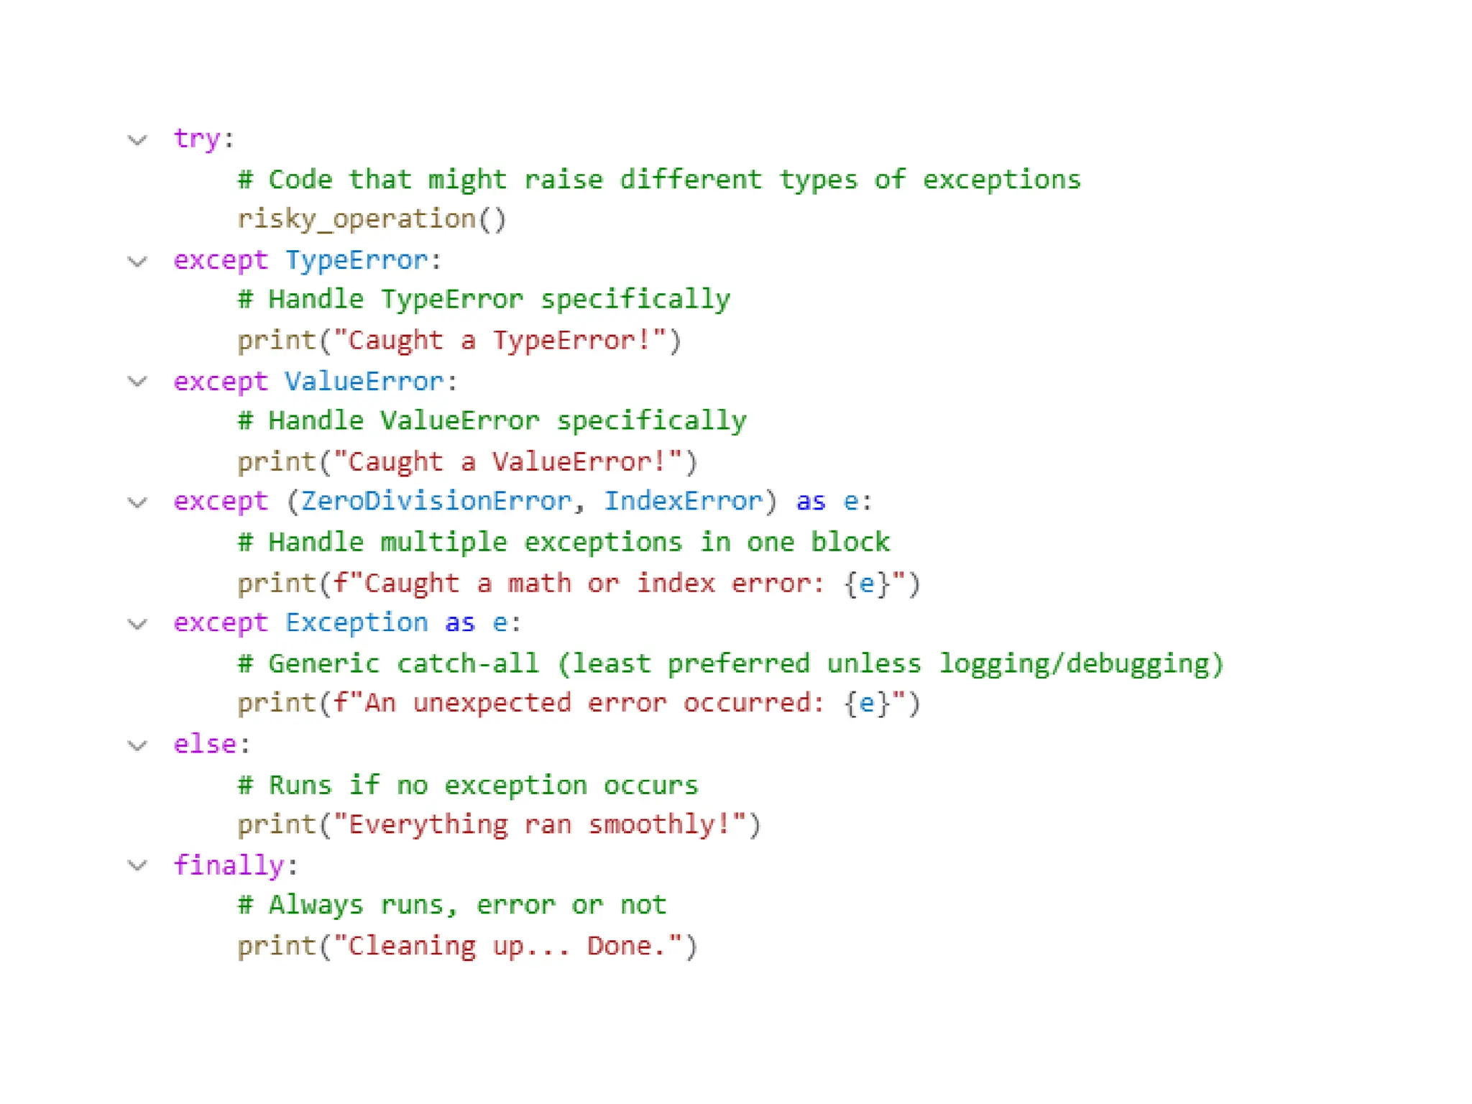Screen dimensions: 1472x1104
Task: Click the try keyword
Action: pyautogui.click(x=196, y=138)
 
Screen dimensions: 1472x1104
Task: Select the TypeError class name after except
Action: pyautogui.click(x=356, y=259)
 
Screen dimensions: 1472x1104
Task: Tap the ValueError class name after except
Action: pyautogui.click(x=364, y=381)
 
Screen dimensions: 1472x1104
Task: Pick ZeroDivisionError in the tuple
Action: pyautogui.click(x=436, y=501)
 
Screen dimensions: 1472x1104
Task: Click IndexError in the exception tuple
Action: pyautogui.click(x=683, y=501)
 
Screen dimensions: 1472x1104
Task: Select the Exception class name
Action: pyautogui.click(x=356, y=622)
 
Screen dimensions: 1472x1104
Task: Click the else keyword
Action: pyautogui.click(x=205, y=744)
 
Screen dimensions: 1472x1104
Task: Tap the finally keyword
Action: pyautogui.click(x=229, y=865)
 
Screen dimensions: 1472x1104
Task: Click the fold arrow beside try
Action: pyautogui.click(x=137, y=139)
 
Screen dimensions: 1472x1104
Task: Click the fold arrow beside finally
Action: pyautogui.click(x=137, y=865)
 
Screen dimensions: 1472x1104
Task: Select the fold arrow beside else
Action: pyautogui.click(x=137, y=745)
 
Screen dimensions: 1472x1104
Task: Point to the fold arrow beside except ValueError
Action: pyautogui.click(x=137, y=382)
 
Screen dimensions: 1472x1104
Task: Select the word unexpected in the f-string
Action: pyautogui.click(x=492, y=703)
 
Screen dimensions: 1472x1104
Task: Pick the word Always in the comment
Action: pyautogui.click(x=316, y=905)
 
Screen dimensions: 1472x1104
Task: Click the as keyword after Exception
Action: pyautogui.click(x=460, y=622)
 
